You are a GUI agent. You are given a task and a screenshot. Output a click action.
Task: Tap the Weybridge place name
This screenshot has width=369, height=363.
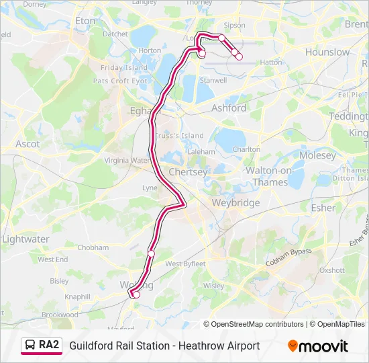(235, 202)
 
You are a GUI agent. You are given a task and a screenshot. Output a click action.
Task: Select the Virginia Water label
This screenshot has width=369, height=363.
(127, 161)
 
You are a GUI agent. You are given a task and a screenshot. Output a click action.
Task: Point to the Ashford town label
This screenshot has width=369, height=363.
(229, 108)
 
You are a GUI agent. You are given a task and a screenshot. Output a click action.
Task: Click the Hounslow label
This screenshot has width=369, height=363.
(327, 52)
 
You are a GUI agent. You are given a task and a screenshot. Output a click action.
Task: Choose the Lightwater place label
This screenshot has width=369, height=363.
(25, 239)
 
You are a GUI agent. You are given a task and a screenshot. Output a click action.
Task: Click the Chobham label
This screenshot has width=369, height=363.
(93, 247)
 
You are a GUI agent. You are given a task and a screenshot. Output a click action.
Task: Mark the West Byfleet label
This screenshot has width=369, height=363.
(185, 264)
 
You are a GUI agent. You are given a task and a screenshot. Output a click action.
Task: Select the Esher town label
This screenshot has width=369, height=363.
(323, 208)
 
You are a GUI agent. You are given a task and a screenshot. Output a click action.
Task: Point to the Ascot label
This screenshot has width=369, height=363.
(28, 144)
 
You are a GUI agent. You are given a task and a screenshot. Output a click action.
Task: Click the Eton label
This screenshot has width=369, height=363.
(85, 21)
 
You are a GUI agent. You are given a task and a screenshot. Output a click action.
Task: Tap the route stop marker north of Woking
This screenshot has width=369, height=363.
(152, 253)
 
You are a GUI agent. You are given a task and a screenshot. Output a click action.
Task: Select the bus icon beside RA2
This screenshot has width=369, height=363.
(30, 346)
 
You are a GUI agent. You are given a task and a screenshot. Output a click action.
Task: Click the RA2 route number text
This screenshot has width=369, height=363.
(48, 346)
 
